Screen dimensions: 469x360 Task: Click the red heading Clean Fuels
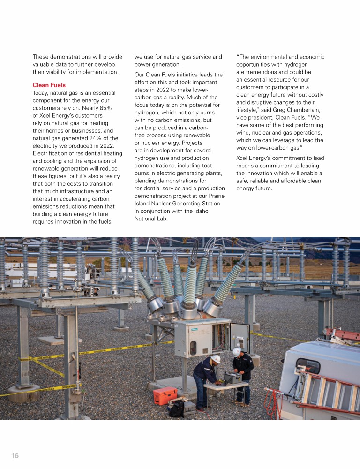[x=49, y=85]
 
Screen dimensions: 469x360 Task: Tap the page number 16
[x=15, y=455]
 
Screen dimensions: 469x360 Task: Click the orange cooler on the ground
[x=165, y=395]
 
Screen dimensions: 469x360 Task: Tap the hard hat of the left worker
[x=215, y=359]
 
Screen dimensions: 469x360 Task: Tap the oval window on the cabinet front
[x=193, y=348]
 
